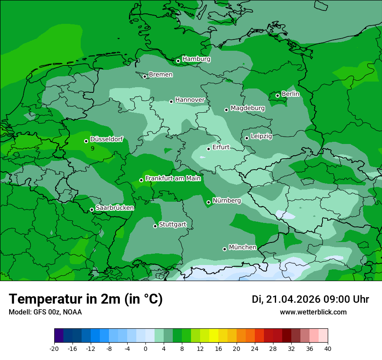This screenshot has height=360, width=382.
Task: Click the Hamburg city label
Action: (196, 59)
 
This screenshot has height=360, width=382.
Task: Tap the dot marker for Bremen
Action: (145, 76)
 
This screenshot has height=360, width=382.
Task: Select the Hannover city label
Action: (190, 100)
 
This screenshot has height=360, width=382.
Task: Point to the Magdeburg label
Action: (247, 108)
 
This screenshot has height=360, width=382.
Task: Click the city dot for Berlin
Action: (277, 95)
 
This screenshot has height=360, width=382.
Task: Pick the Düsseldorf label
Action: (106, 139)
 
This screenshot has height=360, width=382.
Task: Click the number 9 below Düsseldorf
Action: (92, 148)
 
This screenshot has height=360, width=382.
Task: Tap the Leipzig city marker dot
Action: (247, 138)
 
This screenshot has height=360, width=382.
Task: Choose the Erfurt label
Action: (221, 147)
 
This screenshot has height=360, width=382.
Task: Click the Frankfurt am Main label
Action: (173, 178)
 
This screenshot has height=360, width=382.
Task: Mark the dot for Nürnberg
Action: (208, 202)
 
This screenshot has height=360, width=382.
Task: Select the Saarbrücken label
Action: (115, 208)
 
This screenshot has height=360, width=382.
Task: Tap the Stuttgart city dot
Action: (155, 226)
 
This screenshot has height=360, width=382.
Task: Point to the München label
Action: (242, 247)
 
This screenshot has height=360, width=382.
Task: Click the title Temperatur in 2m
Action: (86, 299)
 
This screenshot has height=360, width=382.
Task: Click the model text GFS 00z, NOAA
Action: (45, 312)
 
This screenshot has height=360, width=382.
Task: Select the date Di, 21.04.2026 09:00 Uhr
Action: (310, 299)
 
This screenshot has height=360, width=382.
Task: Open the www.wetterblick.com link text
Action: (313, 312)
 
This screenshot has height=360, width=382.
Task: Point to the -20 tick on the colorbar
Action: (54, 348)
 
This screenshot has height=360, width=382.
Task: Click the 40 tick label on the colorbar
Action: (328, 348)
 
